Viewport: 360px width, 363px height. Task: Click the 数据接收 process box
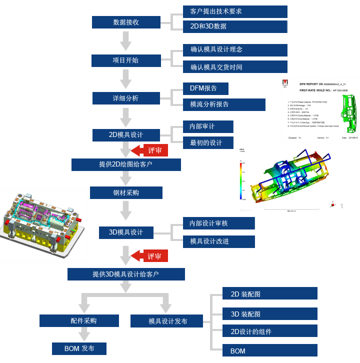coord(126,22)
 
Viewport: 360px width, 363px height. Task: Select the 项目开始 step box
coord(126,60)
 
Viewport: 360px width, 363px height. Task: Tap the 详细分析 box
coord(126,98)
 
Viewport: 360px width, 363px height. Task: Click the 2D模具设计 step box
coord(126,135)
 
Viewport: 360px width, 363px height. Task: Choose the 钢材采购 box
coord(126,193)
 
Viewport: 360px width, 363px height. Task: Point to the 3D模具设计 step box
coord(126,232)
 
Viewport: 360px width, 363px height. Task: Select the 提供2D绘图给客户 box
coord(126,164)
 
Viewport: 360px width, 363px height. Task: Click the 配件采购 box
coord(79,321)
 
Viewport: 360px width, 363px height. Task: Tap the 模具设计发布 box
coord(166,321)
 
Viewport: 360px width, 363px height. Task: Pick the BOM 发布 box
coord(79,348)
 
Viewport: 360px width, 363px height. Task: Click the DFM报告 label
coord(205,88)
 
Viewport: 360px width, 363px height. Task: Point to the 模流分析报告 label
coord(224,104)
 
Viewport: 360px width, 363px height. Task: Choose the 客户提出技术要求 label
coord(235,11)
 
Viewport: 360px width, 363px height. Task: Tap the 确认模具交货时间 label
coord(235,67)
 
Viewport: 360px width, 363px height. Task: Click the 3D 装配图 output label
coord(270,314)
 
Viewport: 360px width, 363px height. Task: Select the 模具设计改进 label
coord(218,241)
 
